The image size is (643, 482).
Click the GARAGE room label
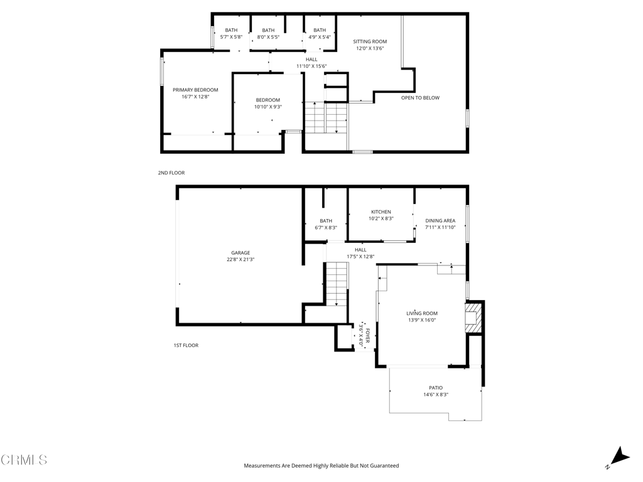tap(240, 253)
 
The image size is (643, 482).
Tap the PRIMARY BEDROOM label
tap(195, 90)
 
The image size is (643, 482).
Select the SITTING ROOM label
tap(370, 41)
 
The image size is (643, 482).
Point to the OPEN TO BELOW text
tap(420, 97)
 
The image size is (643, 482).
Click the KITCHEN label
tap(381, 212)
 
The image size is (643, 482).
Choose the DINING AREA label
tap(440, 220)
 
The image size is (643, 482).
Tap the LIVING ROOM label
tap(422, 314)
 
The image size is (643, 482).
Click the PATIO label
tap(436, 388)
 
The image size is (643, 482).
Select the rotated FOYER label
tap(368, 335)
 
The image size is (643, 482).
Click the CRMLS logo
tap(24, 460)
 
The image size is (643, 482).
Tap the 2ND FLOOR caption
tap(171, 173)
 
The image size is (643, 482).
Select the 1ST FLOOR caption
tap(186, 346)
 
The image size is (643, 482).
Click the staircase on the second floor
tap(326, 117)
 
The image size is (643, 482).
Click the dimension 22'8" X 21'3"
tap(240, 259)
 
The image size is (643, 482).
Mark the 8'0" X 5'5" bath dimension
tap(268, 37)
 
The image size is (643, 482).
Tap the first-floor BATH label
tap(326, 221)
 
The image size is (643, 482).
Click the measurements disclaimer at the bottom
tap(321, 466)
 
